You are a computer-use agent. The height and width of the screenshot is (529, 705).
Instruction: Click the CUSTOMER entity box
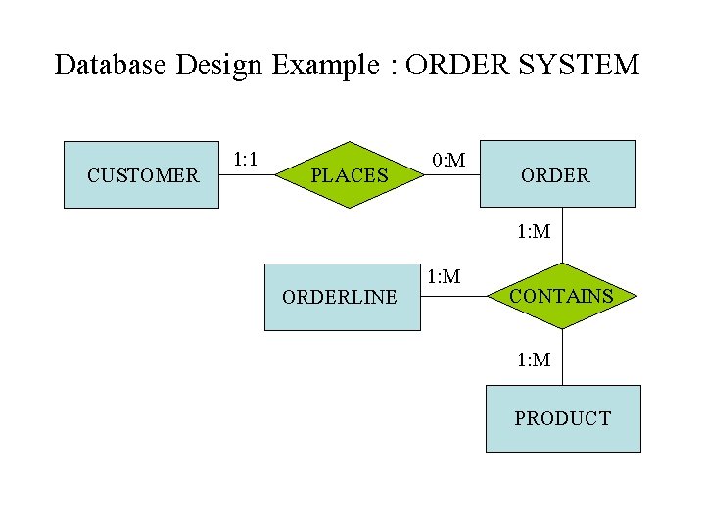pyautogui.click(x=142, y=175)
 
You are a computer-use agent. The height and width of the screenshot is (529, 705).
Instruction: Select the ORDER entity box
pyautogui.click(x=557, y=174)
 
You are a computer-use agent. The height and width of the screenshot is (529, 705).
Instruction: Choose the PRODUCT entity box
pyautogui.click(x=563, y=418)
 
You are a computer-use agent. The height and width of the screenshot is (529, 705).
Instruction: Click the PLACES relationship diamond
pyautogui.click(x=350, y=175)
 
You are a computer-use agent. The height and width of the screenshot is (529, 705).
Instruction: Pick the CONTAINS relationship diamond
pyautogui.click(x=562, y=295)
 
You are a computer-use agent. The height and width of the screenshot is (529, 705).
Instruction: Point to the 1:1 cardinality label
pyautogui.click(x=245, y=159)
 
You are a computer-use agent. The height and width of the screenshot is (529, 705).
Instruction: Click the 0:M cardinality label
pyautogui.click(x=448, y=159)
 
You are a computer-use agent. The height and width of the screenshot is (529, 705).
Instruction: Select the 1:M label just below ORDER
pyautogui.click(x=534, y=232)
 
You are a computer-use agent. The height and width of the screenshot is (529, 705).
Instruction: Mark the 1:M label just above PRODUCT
pyautogui.click(x=534, y=360)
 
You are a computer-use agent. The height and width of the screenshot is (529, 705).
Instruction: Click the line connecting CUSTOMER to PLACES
pyautogui.click(x=249, y=175)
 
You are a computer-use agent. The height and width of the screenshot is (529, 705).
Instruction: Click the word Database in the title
pyautogui.click(x=111, y=66)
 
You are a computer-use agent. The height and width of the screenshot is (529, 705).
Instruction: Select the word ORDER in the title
pyautogui.click(x=451, y=66)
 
